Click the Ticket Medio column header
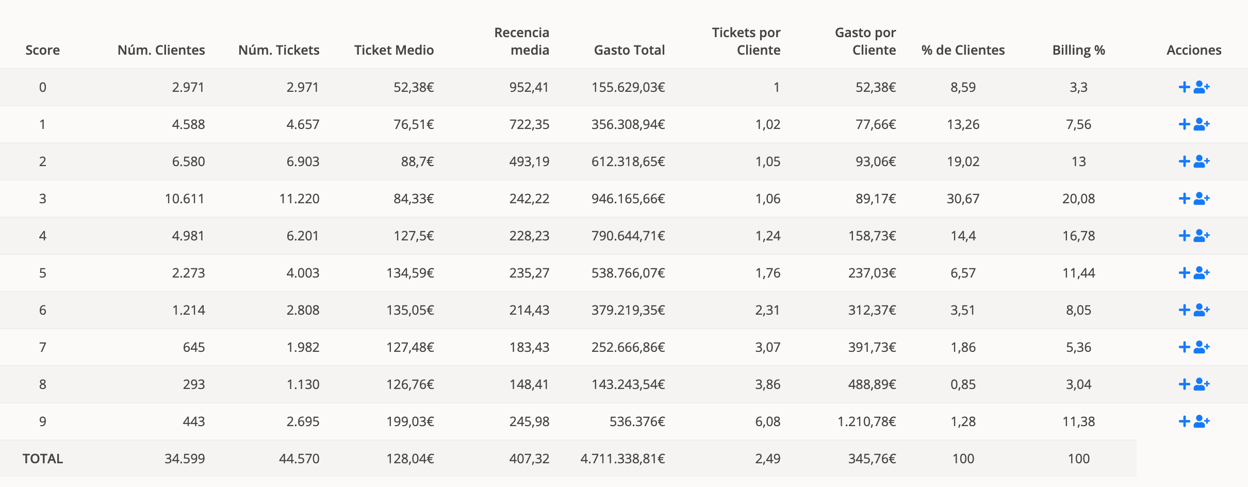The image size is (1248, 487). tap(393, 50)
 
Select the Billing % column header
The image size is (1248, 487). tap(1078, 50)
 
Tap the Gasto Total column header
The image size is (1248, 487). tap(629, 50)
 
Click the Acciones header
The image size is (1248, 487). tap(1194, 50)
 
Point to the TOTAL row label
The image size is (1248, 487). tap(43, 459)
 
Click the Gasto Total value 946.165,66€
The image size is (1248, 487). tap(628, 199)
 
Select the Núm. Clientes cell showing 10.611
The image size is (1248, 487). tap(185, 199)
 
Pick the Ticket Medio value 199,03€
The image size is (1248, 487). tap(410, 421)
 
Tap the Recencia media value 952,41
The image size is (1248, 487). tap(529, 87)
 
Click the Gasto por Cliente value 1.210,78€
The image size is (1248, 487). tap(866, 421)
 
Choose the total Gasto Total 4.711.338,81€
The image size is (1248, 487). tap(622, 459)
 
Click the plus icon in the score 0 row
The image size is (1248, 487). tap(1184, 87)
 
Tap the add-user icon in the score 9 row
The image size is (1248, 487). tap(1202, 421)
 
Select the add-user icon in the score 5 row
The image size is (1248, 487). tap(1202, 273)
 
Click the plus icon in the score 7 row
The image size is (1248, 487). tap(1184, 347)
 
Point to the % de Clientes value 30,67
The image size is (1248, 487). tap(963, 199)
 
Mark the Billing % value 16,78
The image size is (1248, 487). tap(1078, 236)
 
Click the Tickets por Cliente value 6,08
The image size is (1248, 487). tap(768, 421)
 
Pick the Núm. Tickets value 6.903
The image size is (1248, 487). tap(303, 161)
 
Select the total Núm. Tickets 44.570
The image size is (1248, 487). tap(299, 459)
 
